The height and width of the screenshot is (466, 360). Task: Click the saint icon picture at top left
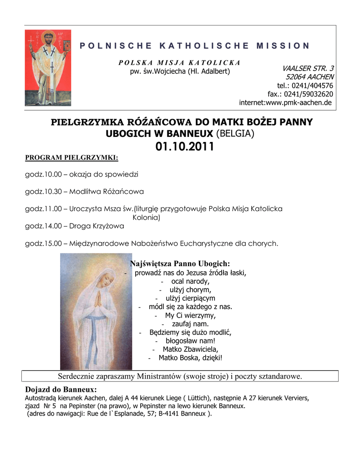tap(48, 67)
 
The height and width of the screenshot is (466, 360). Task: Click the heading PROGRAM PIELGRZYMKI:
tap(71, 158)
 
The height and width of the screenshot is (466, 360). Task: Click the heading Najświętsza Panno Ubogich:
tap(180, 264)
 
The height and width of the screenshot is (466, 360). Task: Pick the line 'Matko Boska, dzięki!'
tap(190, 358)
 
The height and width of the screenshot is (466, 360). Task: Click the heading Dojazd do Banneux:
tap(61, 390)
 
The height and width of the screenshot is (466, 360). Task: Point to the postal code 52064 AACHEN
tap(309, 77)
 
